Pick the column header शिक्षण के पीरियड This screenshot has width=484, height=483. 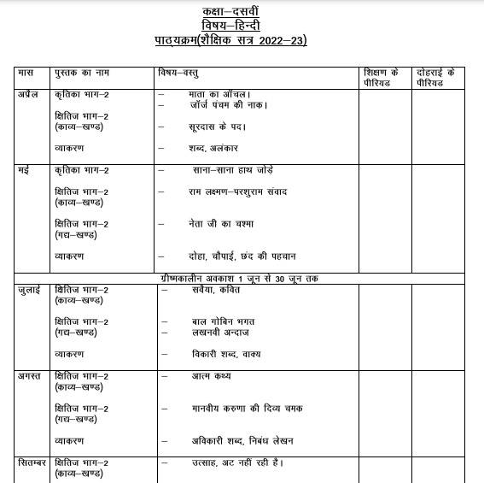pos(382,78)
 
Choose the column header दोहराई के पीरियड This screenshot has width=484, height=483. pos(435,78)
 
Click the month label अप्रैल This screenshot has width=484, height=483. pos(29,93)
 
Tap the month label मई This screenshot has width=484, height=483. pos(23,170)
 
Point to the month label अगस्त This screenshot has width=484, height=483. pos(32,376)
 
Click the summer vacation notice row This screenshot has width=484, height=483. pos(242,279)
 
